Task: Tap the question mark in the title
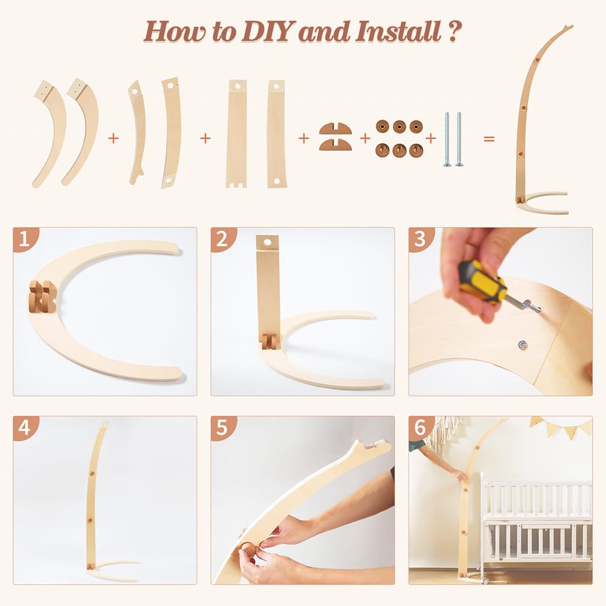click(455, 31)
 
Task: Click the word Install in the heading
click(398, 31)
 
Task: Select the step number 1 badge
click(25, 239)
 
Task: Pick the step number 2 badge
click(222, 239)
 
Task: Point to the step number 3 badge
click(421, 239)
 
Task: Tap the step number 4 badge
click(25, 428)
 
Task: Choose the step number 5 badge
click(222, 428)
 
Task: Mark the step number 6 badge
click(421, 428)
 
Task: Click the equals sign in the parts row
click(489, 138)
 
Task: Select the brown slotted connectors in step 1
click(42, 296)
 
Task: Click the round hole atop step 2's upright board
click(267, 242)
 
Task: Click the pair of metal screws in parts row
click(453, 139)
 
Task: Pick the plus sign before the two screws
click(430, 138)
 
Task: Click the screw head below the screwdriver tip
click(522, 344)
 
